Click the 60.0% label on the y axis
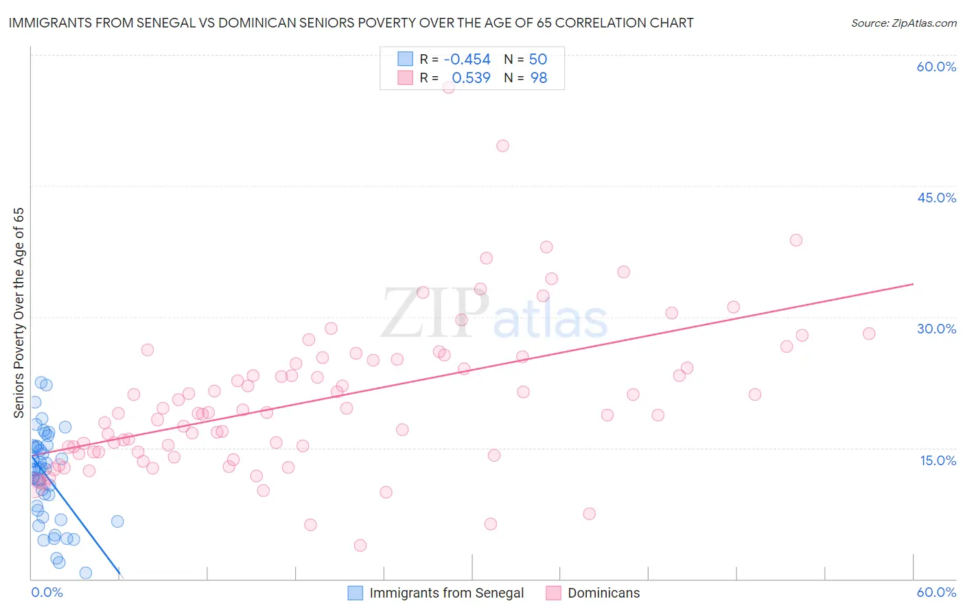[x=936, y=67]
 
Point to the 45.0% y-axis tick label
[x=936, y=198]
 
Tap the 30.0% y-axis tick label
[x=936, y=329]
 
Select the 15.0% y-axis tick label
[x=938, y=460]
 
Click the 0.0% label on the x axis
[x=47, y=592]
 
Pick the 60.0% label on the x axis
[x=936, y=592]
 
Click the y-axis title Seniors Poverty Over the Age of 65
[x=19, y=313]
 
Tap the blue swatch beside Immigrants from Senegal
[x=355, y=593]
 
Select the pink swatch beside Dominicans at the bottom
[x=553, y=593]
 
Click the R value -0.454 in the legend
[x=467, y=60]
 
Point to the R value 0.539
[x=471, y=78]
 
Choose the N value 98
[x=539, y=78]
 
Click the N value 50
[x=538, y=60]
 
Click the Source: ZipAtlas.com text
[x=903, y=23]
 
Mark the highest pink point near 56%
[x=449, y=87]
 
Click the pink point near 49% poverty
[x=502, y=145]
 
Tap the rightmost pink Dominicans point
[x=869, y=333]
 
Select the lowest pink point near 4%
[x=360, y=545]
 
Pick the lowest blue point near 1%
[x=86, y=573]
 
